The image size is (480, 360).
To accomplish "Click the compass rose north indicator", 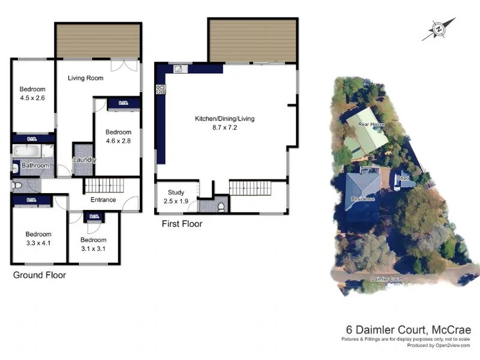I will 439,29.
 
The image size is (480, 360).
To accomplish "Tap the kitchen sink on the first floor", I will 179,69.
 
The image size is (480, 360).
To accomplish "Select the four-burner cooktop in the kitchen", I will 161,90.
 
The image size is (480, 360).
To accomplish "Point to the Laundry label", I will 84,160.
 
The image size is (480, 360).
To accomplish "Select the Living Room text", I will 85,78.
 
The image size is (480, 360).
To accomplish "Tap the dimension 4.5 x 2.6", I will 32,98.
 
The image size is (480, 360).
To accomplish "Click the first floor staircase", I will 251,188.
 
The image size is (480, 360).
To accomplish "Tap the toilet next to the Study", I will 221,207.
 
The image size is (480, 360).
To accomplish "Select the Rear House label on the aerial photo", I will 371,124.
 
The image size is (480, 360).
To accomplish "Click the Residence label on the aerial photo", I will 362,199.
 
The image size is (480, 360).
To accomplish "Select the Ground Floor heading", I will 39,275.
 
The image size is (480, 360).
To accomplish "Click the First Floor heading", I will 182,224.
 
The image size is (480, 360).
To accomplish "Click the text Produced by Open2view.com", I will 439,346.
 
